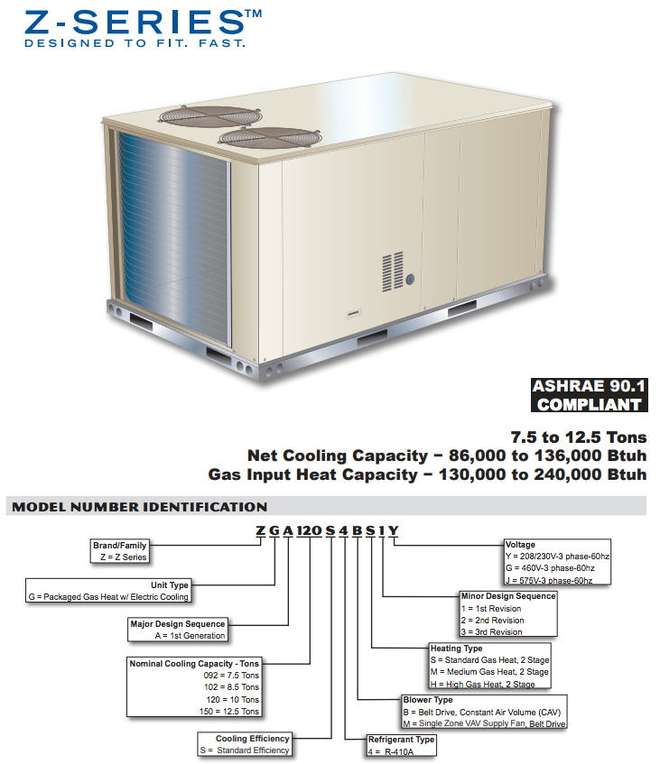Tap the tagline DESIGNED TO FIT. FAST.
[134, 42]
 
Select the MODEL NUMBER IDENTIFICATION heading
[139, 507]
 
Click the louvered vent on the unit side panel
[392, 272]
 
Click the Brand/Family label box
[120, 551]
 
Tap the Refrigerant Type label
[402, 740]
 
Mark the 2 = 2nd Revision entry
[492, 620]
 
